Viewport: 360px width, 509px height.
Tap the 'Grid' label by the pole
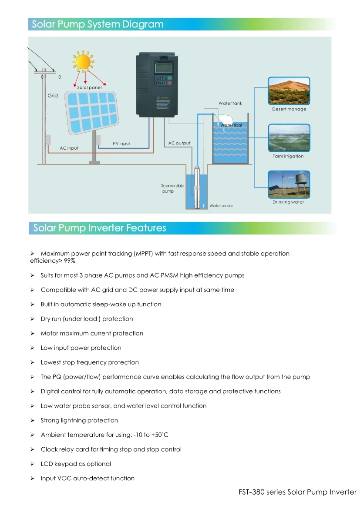(x=53, y=96)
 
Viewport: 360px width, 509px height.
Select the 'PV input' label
(x=121, y=144)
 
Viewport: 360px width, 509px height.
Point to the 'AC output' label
(x=179, y=143)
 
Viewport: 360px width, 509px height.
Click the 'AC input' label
(x=69, y=148)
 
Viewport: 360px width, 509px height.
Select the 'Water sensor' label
(x=221, y=206)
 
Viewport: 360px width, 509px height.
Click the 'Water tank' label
(x=230, y=104)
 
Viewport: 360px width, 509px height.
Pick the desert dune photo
(x=289, y=91)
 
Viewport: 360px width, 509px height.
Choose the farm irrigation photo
(x=289, y=138)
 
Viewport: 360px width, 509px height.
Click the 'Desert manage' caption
(x=289, y=109)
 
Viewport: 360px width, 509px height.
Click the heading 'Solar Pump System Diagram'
(x=98, y=24)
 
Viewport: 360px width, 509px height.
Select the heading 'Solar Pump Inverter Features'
(x=100, y=228)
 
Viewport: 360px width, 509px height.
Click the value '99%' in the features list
(x=70, y=261)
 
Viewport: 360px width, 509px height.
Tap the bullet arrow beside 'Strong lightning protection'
(x=32, y=421)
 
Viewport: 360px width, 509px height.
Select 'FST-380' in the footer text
(x=251, y=492)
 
